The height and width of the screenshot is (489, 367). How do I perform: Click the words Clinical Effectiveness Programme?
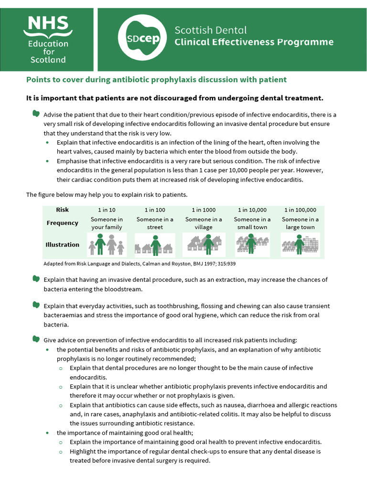(x=254, y=43)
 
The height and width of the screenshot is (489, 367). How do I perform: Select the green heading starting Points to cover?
(x=156, y=80)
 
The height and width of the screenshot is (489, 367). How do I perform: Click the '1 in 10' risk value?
(x=107, y=210)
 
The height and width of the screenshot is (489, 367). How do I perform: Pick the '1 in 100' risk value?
(x=155, y=210)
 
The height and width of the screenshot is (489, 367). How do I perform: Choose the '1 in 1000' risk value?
(x=204, y=210)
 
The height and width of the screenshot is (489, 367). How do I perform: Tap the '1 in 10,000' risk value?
(x=252, y=210)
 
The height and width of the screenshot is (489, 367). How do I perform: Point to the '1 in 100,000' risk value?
(x=300, y=210)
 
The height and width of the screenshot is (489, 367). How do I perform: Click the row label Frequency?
(x=63, y=223)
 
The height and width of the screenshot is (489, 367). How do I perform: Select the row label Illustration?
(x=63, y=244)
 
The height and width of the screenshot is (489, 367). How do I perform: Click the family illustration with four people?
(x=107, y=244)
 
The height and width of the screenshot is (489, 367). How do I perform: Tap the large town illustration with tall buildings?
(x=300, y=244)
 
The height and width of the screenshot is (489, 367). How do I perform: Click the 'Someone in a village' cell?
(x=204, y=223)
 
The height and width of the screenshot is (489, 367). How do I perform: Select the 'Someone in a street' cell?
(x=155, y=223)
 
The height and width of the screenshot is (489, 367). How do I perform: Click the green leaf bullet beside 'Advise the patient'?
(x=35, y=114)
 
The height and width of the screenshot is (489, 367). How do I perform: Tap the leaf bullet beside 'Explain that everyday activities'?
(x=35, y=305)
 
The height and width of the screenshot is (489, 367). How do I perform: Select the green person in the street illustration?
(x=155, y=244)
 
